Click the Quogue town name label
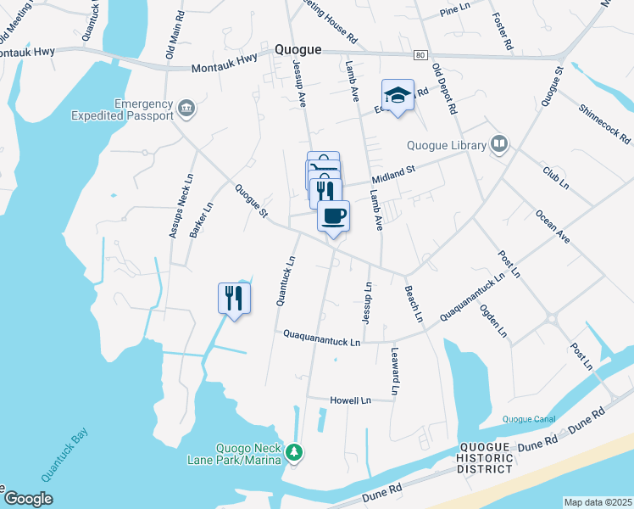pos(298,50)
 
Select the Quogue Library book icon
pos(500,145)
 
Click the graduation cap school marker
pos(398,94)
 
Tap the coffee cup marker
pos(333,215)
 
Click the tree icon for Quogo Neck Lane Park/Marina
pos(293,452)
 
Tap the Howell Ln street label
pos(351,400)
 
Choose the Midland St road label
pos(392,174)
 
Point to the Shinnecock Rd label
pos(604,124)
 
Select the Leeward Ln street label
pos(395,370)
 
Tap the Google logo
pos(28,499)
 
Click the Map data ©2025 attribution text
pos(597,502)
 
